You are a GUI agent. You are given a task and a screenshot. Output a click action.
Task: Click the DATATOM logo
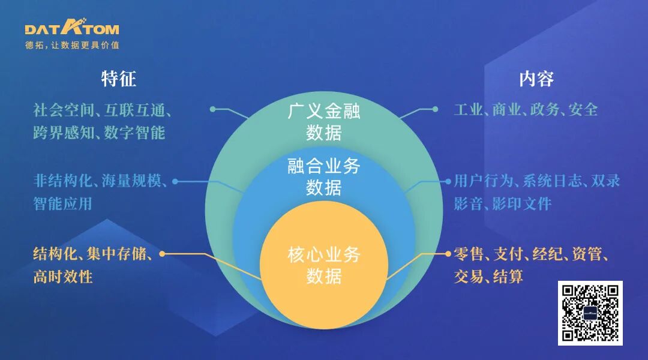coord(72,28)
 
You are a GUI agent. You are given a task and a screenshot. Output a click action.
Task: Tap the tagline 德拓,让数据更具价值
coord(72,46)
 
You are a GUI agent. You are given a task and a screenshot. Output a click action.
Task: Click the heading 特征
coord(119,79)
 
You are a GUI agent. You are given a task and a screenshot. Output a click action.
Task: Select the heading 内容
coord(536,79)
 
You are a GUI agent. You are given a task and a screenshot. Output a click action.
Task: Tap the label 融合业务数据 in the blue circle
coord(324,177)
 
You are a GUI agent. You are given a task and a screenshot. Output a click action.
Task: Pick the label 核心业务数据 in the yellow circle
coord(324,265)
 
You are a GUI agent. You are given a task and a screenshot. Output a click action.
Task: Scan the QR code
coord(590,313)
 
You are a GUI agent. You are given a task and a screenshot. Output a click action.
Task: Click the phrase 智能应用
coord(63,203)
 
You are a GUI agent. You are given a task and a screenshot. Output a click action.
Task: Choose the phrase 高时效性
coord(63,276)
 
